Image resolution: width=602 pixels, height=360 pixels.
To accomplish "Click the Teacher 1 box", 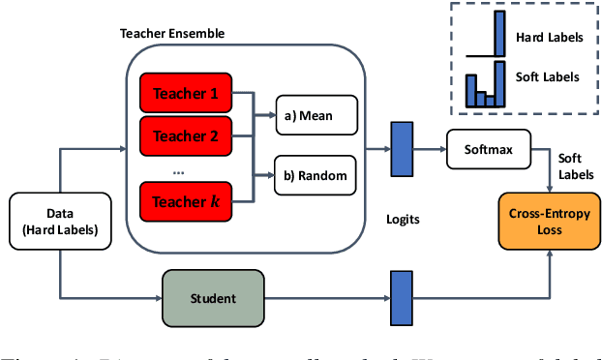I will (186, 94).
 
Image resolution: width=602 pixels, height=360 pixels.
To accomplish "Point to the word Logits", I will (402, 220).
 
